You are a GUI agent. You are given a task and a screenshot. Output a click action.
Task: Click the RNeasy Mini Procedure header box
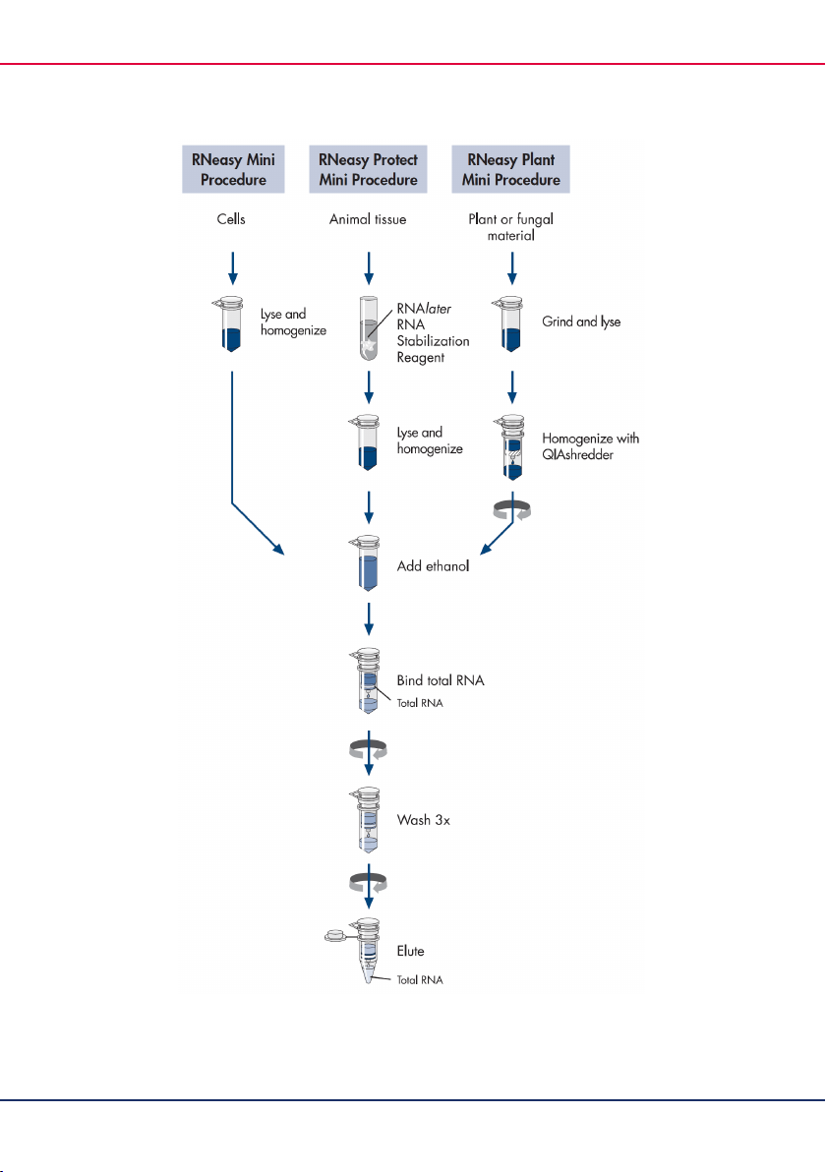[233, 170]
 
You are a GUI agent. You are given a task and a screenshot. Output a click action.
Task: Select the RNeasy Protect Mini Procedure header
[368, 170]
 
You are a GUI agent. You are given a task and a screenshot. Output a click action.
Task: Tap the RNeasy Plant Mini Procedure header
[510, 170]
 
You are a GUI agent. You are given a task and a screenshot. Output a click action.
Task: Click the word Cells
[231, 219]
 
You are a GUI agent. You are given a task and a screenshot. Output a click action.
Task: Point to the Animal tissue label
[368, 219]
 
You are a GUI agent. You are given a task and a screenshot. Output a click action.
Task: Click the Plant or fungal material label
[511, 226]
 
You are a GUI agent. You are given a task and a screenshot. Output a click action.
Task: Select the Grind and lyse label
[581, 322]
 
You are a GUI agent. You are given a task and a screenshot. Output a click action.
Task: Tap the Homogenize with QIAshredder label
[591, 446]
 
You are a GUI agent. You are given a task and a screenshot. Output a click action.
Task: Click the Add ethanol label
[433, 565]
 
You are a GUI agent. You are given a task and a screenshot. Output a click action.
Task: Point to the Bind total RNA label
[441, 680]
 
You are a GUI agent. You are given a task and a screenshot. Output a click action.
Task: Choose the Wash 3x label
[423, 820]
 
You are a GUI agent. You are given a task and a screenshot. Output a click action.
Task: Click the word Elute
[410, 951]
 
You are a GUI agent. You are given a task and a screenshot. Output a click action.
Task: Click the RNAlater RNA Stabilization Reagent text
[433, 332]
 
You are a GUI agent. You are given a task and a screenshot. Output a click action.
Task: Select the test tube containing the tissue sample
[369, 328]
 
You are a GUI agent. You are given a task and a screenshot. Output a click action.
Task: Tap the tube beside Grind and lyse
[509, 324]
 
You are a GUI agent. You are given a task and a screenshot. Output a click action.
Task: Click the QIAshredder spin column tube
[512, 447]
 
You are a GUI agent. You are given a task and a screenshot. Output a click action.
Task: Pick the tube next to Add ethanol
[367, 563]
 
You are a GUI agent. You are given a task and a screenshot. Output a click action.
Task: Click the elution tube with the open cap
[367, 950]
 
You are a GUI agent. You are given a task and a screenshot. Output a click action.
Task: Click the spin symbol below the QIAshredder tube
[512, 511]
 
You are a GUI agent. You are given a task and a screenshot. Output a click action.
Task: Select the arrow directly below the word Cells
[232, 268]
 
